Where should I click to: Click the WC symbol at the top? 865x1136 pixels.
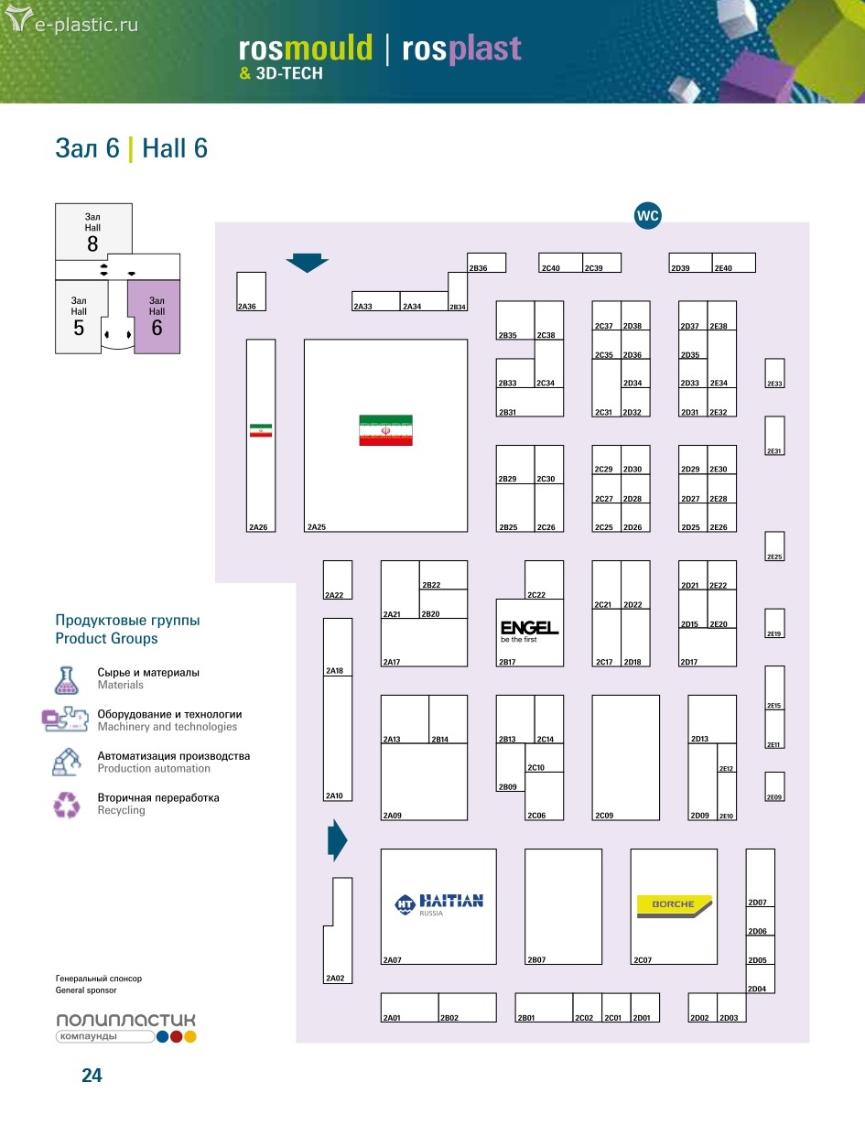tap(648, 216)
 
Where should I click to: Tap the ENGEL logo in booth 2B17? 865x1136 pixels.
tap(529, 630)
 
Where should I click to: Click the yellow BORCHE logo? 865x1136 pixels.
tap(673, 904)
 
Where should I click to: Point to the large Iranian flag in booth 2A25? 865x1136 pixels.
tap(385, 430)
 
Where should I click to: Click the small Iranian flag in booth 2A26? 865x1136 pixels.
tap(261, 430)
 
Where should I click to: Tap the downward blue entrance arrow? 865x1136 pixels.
tap(307, 264)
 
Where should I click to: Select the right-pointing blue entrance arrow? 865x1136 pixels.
tap(338, 840)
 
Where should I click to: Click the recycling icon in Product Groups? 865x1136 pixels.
tap(67, 805)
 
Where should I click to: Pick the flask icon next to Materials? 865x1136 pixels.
tap(65, 679)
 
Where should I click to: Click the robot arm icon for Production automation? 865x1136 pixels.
tap(66, 762)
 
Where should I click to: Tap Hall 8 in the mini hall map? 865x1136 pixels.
tap(93, 232)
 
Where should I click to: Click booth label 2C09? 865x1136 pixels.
tap(604, 816)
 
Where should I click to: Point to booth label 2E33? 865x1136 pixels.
tap(774, 384)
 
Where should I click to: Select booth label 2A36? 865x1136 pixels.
tap(245, 307)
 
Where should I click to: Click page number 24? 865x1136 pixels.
tap(92, 1076)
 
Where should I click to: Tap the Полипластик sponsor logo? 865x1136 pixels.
tap(125, 1027)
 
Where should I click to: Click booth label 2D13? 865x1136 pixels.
tap(699, 739)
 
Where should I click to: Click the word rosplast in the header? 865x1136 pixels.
tap(461, 49)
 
